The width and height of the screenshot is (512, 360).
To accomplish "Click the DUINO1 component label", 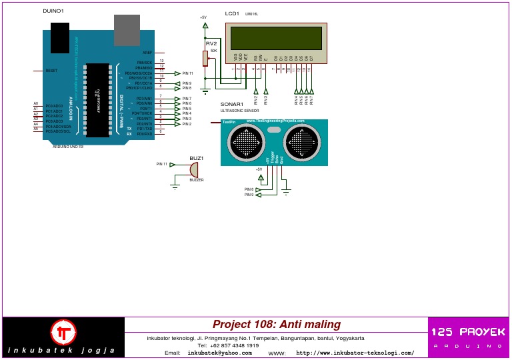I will click(x=53, y=11).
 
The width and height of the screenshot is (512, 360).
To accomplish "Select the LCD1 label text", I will click(x=232, y=13).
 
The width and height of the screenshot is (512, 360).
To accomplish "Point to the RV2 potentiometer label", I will click(x=211, y=43).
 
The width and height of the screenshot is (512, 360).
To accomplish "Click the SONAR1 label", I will click(x=231, y=105).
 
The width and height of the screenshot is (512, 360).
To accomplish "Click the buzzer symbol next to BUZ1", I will click(x=194, y=169).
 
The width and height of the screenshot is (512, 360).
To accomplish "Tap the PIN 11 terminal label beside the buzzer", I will click(x=162, y=163).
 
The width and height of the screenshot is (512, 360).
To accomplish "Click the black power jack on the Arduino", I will click(x=60, y=37).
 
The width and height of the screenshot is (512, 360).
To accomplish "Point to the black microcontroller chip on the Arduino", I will click(x=97, y=100).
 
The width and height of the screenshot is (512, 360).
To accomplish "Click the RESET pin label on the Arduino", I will click(x=51, y=71).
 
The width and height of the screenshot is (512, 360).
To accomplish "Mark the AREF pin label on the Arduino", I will click(x=147, y=52).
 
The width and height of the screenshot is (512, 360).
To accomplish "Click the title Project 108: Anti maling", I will click(x=277, y=325).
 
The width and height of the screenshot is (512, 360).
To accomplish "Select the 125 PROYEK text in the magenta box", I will click(x=467, y=332).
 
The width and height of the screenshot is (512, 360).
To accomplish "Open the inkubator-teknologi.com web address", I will click(x=355, y=353).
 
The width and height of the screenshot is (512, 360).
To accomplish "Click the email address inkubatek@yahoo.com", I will click(x=215, y=353).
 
